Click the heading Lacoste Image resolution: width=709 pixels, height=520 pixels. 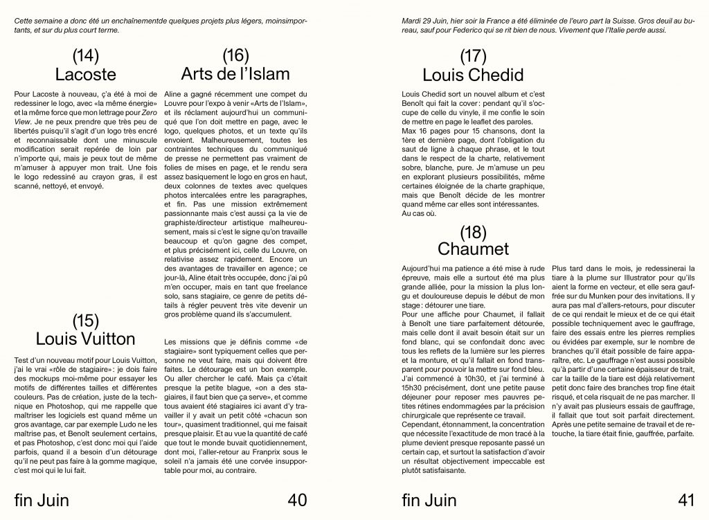[x=85, y=74]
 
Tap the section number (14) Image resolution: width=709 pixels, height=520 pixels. [x=85, y=55]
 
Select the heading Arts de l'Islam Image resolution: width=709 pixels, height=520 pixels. [x=235, y=73]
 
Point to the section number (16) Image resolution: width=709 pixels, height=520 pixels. [x=235, y=55]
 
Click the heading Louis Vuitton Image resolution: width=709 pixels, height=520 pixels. [x=85, y=339]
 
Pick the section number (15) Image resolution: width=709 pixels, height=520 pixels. [x=85, y=320]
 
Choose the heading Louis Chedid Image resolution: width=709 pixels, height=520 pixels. [x=473, y=74]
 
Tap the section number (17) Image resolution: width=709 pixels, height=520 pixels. [x=473, y=55]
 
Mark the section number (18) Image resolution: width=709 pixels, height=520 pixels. [x=473, y=231]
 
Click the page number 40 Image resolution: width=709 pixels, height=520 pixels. [x=296, y=499]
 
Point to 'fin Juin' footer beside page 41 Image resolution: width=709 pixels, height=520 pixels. [x=429, y=499]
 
